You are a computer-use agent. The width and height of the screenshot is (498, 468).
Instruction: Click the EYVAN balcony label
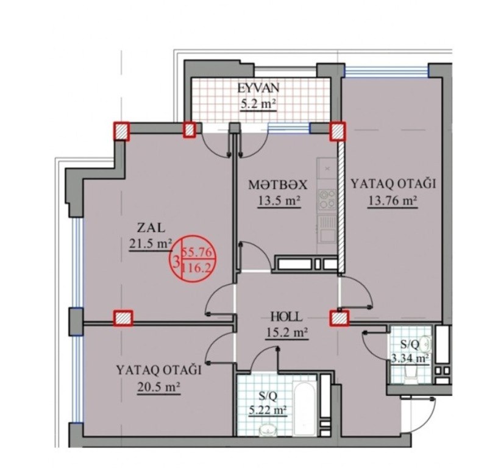[x=258, y=88]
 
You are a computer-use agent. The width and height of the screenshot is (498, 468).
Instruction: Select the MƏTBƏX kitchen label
[x=278, y=185]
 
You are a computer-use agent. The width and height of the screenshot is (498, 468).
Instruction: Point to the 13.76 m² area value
[x=393, y=200]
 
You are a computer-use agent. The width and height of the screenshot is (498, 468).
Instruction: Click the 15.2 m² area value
[x=286, y=333]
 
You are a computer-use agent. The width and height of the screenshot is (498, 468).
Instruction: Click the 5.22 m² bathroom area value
[x=268, y=411]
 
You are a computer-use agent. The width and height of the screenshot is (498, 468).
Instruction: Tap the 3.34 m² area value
[x=410, y=358]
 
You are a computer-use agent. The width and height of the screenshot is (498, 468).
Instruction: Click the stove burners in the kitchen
[x=327, y=199]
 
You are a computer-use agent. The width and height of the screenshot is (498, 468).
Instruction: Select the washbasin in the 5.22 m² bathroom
[x=268, y=430]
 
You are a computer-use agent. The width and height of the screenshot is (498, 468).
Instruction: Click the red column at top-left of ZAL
[x=122, y=132]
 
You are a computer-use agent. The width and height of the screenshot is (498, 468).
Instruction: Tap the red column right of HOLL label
[x=339, y=318]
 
